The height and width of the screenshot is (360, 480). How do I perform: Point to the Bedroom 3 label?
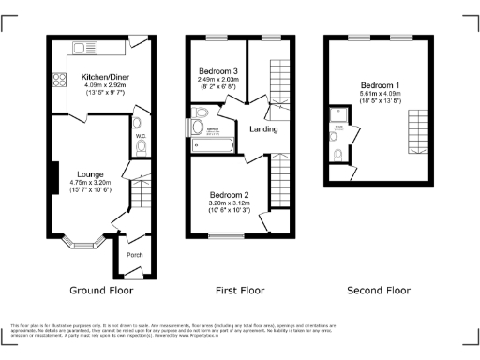(x=217, y=72)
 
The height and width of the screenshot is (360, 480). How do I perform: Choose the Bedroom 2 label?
(x=228, y=194)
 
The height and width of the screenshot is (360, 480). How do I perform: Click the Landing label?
(x=262, y=128)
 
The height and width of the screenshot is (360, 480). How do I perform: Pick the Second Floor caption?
(x=379, y=291)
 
